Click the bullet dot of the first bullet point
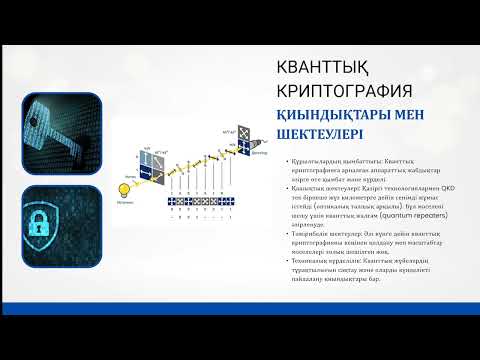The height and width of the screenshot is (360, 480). pyautogui.click(x=286, y=162)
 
